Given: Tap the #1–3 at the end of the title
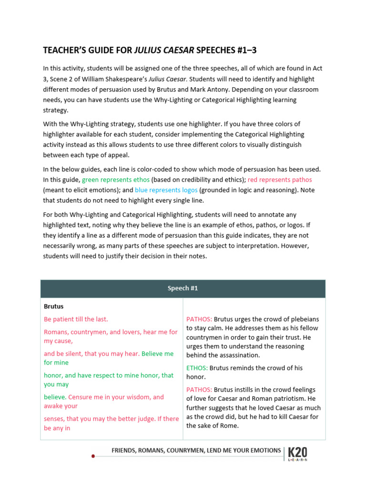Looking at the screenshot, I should click(x=248, y=50).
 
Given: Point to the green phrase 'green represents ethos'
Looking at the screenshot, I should click(x=116, y=180).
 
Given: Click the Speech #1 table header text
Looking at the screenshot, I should click(x=183, y=288).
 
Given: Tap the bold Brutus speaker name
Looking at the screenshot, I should click(x=54, y=306).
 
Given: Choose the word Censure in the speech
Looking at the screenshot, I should click(x=80, y=397).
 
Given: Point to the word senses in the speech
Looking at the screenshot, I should click(x=54, y=419).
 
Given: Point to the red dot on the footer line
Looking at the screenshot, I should click(x=93, y=456).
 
